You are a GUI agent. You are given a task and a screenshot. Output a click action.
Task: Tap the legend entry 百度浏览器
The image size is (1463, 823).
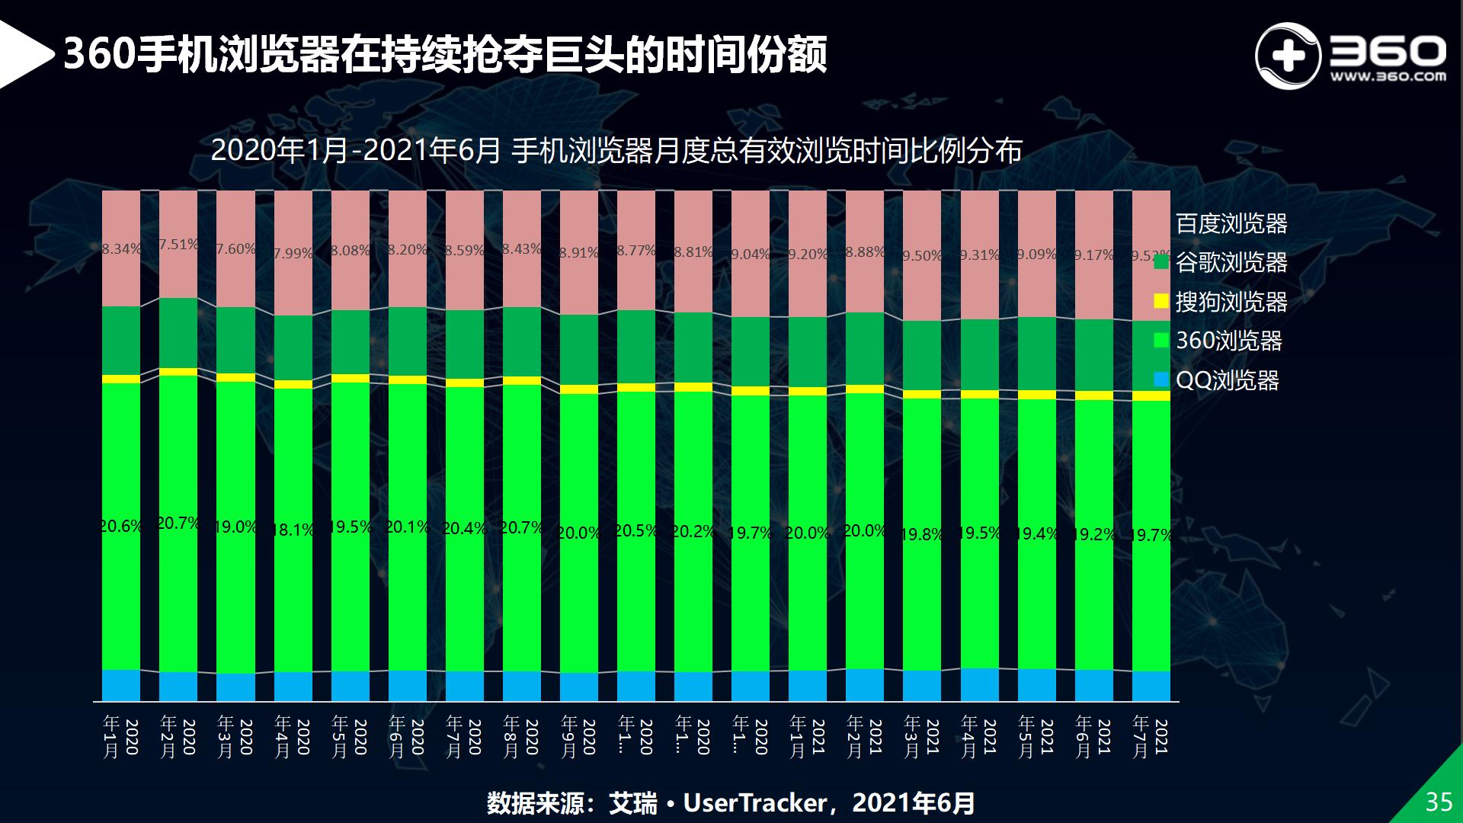(x=1231, y=223)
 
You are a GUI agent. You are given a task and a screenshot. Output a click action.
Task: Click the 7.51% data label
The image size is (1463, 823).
(x=178, y=245)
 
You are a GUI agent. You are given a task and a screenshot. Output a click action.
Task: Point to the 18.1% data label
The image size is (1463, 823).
(x=293, y=530)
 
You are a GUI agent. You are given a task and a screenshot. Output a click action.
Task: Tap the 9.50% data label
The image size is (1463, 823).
(x=922, y=256)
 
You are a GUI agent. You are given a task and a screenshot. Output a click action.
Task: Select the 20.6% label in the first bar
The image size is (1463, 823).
(x=121, y=526)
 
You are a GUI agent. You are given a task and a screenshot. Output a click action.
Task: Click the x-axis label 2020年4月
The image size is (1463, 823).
(x=293, y=736)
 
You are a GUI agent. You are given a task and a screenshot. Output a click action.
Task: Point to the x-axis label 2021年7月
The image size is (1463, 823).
(x=1151, y=736)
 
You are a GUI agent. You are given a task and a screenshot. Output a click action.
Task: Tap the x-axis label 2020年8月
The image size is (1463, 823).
(x=522, y=736)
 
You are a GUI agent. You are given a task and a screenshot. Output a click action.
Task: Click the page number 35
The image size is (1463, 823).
(x=1439, y=802)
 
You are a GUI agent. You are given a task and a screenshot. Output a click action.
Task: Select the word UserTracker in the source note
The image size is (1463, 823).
(x=754, y=803)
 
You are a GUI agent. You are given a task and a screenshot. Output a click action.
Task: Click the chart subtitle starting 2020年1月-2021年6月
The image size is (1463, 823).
(x=616, y=151)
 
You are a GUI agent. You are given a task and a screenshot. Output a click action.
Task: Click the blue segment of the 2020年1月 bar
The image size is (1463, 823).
(x=121, y=685)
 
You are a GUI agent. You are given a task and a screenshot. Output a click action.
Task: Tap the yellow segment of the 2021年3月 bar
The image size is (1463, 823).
(x=922, y=394)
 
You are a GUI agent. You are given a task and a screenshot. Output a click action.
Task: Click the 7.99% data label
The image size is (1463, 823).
(x=293, y=253)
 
